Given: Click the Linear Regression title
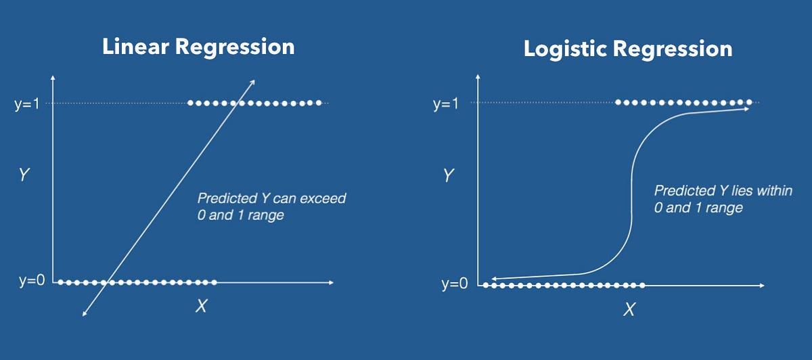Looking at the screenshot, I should pyautogui.click(x=198, y=47).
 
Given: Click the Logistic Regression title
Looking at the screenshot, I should pyautogui.click(x=627, y=49).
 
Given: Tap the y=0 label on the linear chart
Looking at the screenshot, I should pyautogui.click(x=32, y=281).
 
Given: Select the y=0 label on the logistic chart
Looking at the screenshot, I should pyautogui.click(x=454, y=284).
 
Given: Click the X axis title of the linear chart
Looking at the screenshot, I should pyautogui.click(x=201, y=306).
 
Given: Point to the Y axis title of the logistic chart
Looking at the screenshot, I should pyautogui.click(x=447, y=176).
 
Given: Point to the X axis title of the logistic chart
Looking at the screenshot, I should pyautogui.click(x=629, y=310).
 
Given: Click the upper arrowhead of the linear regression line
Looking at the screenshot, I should pyautogui.click(x=253, y=82).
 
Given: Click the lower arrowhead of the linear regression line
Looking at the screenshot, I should pyautogui.click(x=84, y=313).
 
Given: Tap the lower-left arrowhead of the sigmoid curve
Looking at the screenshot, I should pyautogui.click(x=494, y=278).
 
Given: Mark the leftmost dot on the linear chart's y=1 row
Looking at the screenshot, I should pyautogui.click(x=191, y=103).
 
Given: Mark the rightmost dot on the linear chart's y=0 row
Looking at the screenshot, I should pyautogui.click(x=215, y=282).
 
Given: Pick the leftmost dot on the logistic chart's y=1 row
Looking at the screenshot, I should pyautogui.click(x=618, y=103).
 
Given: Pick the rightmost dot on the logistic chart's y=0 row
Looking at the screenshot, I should pyautogui.click(x=641, y=285).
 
